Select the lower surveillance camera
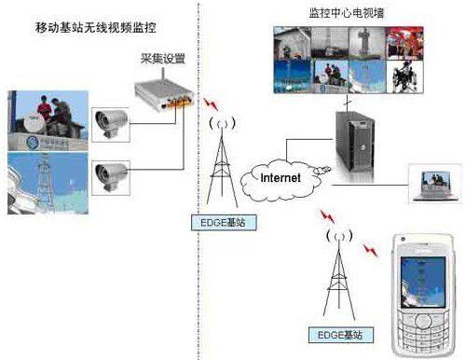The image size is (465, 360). click(x=115, y=171)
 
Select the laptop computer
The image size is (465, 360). click(x=434, y=184)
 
